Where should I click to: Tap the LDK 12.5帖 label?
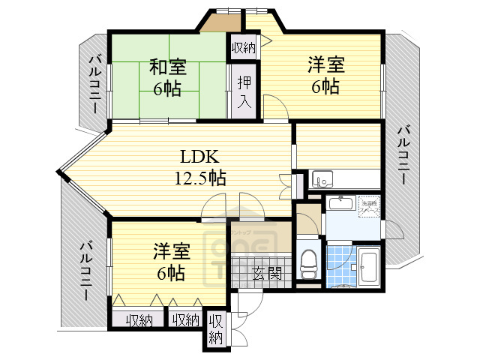(x=198, y=167)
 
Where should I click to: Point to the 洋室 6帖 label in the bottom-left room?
(x=172, y=261)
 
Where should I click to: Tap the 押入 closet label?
(x=244, y=91)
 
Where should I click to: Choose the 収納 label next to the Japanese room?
(x=244, y=48)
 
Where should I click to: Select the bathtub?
(x=367, y=265)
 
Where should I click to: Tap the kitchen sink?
(x=323, y=180)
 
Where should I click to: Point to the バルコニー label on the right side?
(x=403, y=165)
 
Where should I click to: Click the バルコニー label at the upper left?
(x=94, y=84)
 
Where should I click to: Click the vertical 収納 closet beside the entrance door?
(x=215, y=328)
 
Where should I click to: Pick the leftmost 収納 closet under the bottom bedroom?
(x=139, y=319)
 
